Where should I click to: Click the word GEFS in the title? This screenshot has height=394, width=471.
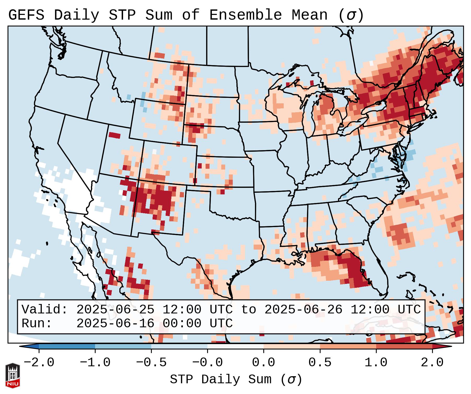pyautogui.click(x=26, y=15)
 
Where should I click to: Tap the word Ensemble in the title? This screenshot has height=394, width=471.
pyautogui.click(x=246, y=15)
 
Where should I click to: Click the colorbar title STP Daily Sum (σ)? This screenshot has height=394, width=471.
pyautogui.click(x=236, y=380)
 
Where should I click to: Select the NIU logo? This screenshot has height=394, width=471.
pyautogui.click(x=13, y=375)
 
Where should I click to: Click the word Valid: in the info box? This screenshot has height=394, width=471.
pyautogui.click(x=45, y=310)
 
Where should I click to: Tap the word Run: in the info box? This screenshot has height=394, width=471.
pyautogui.click(x=37, y=324)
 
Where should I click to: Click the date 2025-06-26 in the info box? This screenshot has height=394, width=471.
pyautogui.click(x=303, y=310)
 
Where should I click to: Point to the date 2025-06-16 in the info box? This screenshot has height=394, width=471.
pyautogui.click(x=115, y=324)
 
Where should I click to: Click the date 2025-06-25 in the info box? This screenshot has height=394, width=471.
pyautogui.click(x=115, y=310)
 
